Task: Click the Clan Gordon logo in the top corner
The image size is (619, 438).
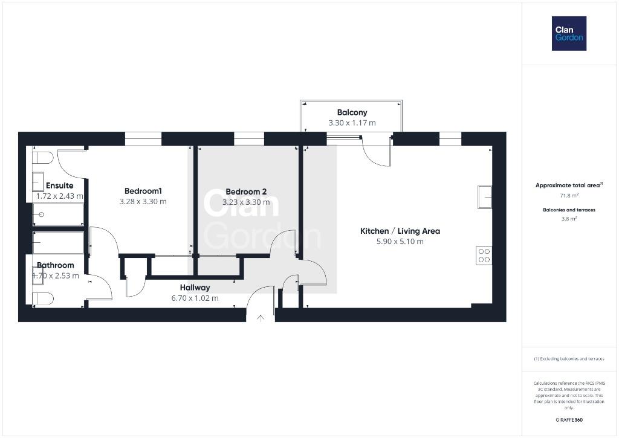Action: point(569,34)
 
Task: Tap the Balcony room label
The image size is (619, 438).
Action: point(352,112)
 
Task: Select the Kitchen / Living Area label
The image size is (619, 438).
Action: point(400,231)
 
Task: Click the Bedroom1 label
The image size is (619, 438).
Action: point(143,191)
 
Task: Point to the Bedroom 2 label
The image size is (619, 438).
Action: point(246,192)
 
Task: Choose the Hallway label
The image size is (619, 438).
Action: point(195,288)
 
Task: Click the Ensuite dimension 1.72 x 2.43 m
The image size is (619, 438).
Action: point(60,196)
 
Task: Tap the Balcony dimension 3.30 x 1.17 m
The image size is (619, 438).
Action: point(352,123)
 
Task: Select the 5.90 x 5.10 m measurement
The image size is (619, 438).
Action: point(400,242)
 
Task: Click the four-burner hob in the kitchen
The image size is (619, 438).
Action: point(484,256)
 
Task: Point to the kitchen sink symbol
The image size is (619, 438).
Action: point(485,197)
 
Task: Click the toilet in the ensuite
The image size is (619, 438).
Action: point(42,158)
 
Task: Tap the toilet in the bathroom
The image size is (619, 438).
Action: point(42,298)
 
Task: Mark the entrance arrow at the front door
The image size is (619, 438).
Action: point(260,318)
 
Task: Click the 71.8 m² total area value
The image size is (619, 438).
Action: point(569,195)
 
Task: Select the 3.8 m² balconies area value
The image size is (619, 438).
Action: point(569,219)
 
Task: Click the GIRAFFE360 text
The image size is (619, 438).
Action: point(569,420)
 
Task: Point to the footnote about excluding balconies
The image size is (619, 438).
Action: point(569,359)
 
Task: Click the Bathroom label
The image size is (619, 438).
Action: point(55,265)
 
